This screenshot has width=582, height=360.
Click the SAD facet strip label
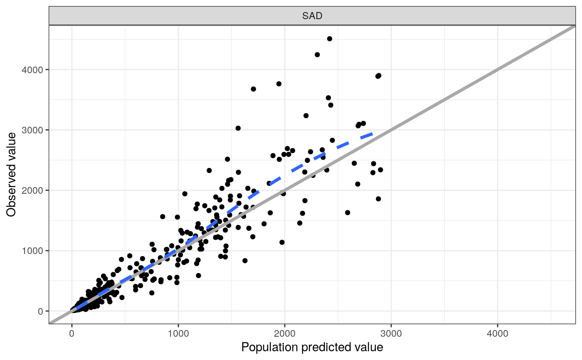312,16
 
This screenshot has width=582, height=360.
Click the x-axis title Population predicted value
312,347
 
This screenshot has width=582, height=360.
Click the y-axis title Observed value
11,174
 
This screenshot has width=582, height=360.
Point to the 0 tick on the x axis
72,333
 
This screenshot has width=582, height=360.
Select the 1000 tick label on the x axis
178,333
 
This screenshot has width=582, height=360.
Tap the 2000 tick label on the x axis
285,333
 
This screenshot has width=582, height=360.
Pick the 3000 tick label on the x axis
391,333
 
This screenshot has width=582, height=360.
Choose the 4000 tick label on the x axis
498,333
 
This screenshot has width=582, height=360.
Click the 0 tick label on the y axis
40,311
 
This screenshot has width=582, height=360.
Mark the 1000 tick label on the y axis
32,251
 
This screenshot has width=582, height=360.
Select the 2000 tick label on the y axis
32,190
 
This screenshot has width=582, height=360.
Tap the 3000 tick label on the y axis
32,130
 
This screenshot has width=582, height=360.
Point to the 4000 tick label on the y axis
32,69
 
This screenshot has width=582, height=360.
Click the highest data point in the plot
330,39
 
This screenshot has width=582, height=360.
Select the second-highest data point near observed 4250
317,54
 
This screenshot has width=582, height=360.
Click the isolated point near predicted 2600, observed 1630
348,212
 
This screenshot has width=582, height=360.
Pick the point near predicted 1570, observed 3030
238,128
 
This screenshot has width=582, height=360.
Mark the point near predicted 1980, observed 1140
282,242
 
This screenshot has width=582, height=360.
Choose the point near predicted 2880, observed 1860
378,199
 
